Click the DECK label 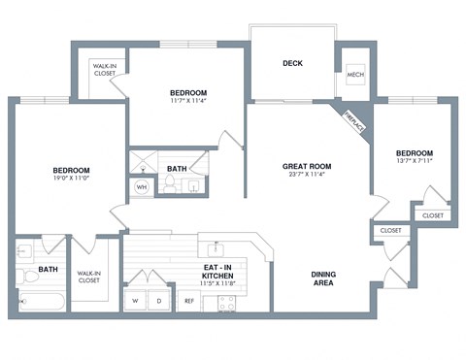coord(292,63)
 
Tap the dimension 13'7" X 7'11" coord(414,163)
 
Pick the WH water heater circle coord(142,186)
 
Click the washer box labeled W coord(135,301)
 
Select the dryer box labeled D coord(158,301)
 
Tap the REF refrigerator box coord(190,301)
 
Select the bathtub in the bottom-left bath coord(41,302)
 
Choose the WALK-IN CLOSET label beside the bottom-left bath coord(90,278)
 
